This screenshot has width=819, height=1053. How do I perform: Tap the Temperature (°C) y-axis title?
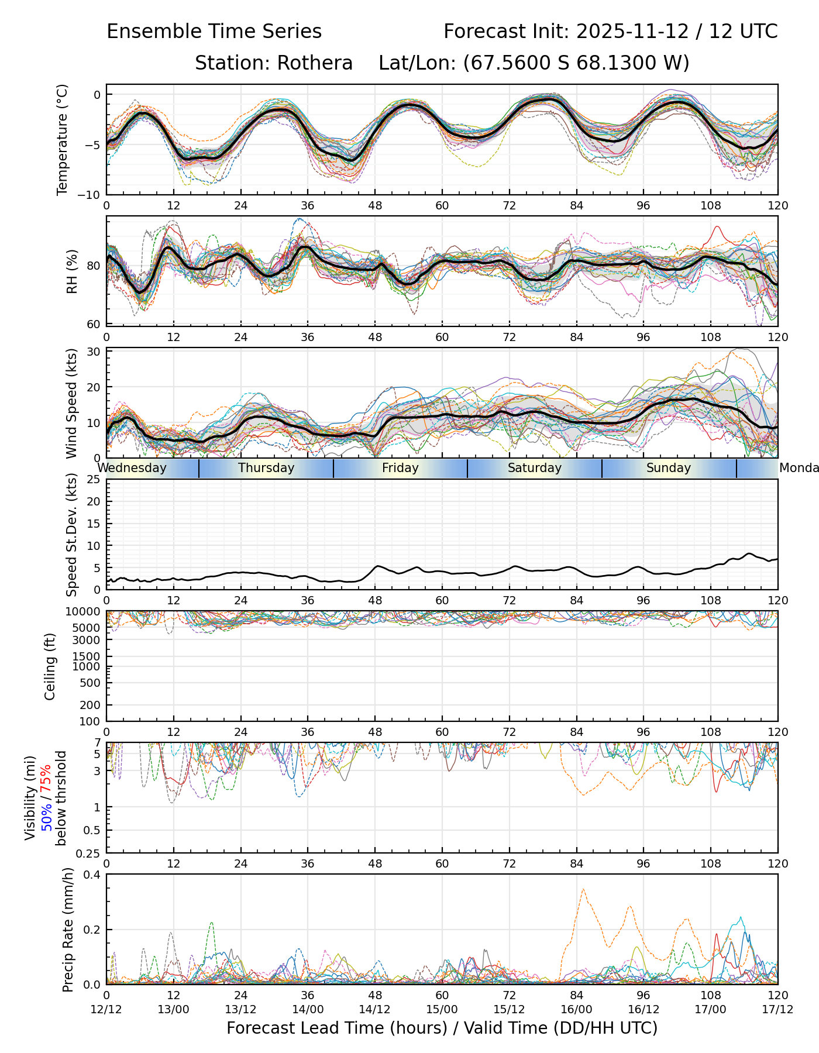(x=62, y=139)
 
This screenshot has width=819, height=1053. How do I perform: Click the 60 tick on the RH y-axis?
(x=94, y=324)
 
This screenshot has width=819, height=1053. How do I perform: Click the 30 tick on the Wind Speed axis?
(x=94, y=352)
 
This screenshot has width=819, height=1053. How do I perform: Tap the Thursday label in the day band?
(x=266, y=468)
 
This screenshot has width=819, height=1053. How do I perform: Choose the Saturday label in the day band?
(x=534, y=468)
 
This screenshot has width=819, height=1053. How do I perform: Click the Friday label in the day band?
(x=400, y=468)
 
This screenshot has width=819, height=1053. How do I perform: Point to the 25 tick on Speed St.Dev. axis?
(x=94, y=480)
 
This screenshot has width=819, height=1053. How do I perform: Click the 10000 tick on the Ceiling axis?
(x=86, y=612)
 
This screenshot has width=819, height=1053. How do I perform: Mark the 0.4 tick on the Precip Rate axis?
(x=92, y=875)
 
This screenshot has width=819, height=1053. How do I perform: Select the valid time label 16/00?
(x=576, y=1010)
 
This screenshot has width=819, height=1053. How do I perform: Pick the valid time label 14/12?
(x=375, y=1010)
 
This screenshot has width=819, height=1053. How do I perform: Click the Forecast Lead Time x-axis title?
(x=442, y=1028)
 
